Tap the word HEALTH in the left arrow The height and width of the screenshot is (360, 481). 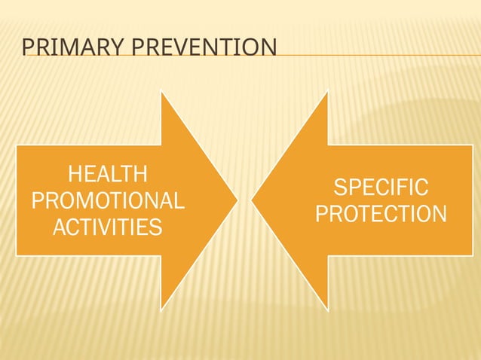coord(108,175)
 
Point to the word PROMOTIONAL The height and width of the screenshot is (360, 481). coord(108,200)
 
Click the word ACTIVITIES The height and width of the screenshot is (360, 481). coord(108,226)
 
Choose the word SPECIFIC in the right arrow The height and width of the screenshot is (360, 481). coord(381,188)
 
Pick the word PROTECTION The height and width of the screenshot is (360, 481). coord(381,214)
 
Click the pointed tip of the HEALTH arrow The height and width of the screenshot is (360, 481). coord(237,200)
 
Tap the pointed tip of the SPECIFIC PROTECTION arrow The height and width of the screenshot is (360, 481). coord(253,200)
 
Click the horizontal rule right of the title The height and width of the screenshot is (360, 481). coord(377,55)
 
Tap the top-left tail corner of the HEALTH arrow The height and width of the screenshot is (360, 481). coord(17,146)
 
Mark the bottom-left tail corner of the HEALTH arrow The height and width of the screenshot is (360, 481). coord(17,255)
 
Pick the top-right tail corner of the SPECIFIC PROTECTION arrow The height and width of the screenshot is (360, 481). coord(472,146)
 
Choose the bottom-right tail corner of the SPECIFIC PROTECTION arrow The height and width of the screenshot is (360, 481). coord(472,255)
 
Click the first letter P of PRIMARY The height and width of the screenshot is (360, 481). coord(27,49)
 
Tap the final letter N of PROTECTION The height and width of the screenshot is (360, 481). coord(439,214)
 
